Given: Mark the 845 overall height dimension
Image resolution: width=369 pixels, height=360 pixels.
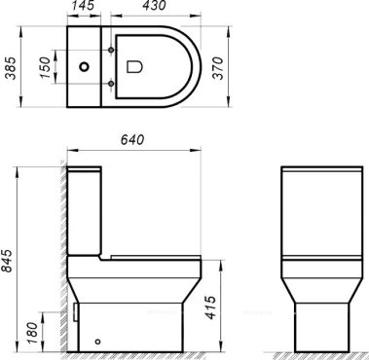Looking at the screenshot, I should pyautogui.click(x=10, y=259).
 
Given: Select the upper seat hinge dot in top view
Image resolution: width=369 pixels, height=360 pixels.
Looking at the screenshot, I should pyautogui.click(x=115, y=49).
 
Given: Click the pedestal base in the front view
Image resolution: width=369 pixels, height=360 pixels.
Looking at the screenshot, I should pyautogui.click(x=312, y=316).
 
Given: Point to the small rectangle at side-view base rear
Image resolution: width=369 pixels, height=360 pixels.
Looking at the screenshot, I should pyautogui.click(x=78, y=314).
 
